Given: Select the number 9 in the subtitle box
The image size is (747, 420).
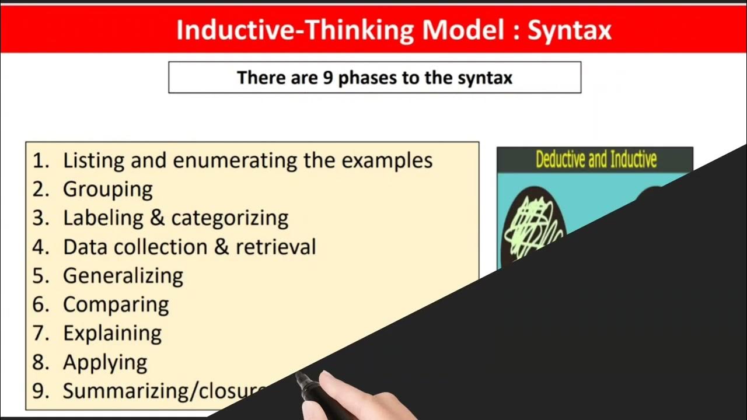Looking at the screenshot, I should point(328,78).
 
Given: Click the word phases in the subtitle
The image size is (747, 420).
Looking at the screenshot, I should point(368,78).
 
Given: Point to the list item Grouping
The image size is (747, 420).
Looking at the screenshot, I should point(108,189).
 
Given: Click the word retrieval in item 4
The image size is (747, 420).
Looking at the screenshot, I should point(275,247).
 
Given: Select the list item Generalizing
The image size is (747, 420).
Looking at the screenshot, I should point(123,276).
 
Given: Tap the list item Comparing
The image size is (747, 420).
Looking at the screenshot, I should point(116,304).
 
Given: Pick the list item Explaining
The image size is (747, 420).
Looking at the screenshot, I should point(112,334).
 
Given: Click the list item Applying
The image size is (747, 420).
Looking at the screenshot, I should point(105,363).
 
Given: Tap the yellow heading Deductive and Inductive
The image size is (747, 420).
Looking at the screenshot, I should point(596,160).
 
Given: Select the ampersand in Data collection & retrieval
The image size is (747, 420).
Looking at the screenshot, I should point(221,247).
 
